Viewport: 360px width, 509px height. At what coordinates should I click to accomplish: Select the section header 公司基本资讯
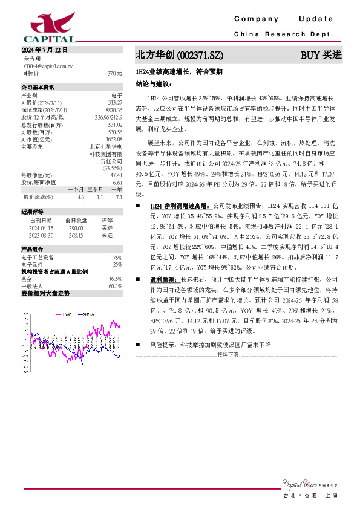38,87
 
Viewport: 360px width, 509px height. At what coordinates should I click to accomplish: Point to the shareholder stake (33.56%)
113,168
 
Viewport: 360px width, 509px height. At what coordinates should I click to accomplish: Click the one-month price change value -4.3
80,197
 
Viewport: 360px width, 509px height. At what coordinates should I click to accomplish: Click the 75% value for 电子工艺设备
117,258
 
